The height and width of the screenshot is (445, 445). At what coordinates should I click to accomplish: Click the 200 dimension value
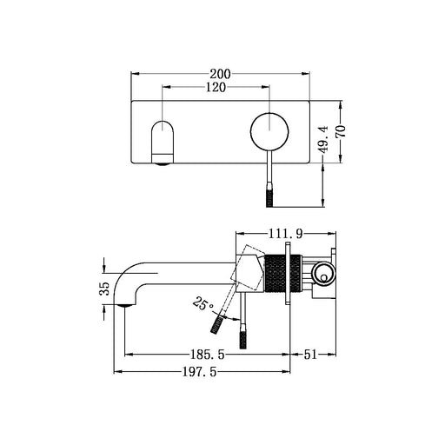(220, 74)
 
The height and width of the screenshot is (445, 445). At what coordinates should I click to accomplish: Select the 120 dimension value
(216, 87)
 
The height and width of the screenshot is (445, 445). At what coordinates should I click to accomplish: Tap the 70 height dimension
(342, 131)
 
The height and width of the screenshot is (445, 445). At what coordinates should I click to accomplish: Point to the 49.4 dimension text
(322, 140)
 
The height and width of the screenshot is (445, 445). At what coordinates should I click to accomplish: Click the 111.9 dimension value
(286, 234)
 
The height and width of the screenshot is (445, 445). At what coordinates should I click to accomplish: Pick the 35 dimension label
(104, 289)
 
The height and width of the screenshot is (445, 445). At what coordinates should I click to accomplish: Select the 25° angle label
(203, 303)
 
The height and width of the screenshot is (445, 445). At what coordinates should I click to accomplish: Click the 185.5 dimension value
(207, 355)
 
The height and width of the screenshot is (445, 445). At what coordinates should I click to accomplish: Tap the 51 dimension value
(310, 355)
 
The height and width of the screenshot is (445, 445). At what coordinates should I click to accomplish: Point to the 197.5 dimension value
(200, 372)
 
